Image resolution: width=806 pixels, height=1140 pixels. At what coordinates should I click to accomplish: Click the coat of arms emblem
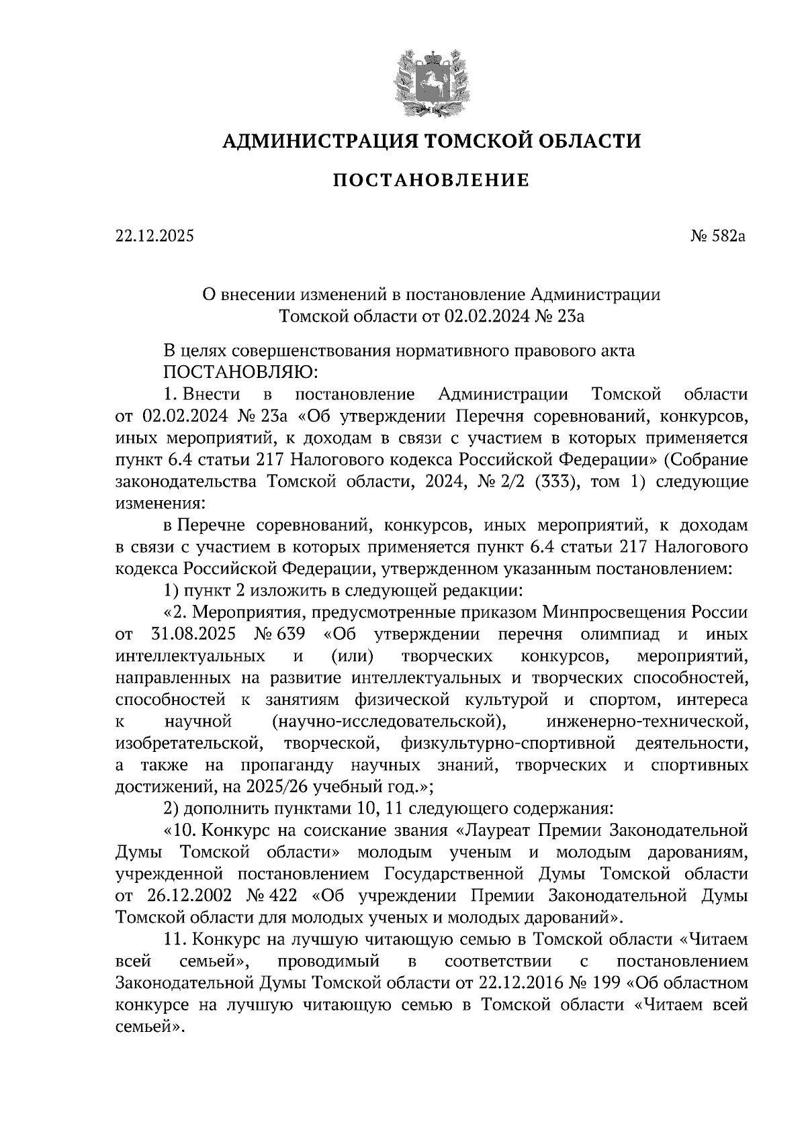tap(431, 81)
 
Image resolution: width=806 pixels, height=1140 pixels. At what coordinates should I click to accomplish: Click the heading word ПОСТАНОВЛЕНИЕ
tap(431, 180)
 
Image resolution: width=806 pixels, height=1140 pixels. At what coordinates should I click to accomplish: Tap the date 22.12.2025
tap(154, 236)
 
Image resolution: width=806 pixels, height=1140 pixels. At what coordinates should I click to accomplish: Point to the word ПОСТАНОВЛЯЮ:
tap(244, 371)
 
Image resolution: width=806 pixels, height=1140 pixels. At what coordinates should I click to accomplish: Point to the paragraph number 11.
tap(173, 941)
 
